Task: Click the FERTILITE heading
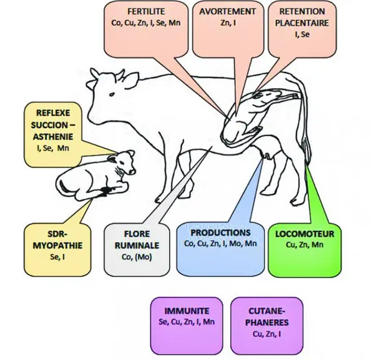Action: (146, 11)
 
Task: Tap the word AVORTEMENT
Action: (228, 11)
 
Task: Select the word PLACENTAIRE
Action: (302, 23)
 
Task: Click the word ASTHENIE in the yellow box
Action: (53, 137)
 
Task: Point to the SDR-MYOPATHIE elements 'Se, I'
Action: (57, 257)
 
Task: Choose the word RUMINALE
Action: (137, 246)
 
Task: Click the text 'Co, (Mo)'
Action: (137, 257)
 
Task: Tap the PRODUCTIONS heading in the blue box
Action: (220, 232)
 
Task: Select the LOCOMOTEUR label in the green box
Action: (305, 234)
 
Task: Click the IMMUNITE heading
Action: (187, 311)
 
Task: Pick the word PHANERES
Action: (267, 322)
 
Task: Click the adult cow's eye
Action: (112, 94)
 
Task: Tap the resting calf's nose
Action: (132, 172)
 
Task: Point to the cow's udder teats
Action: (267, 156)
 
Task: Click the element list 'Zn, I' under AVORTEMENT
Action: (228, 22)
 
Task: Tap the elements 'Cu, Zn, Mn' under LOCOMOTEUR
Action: (305, 245)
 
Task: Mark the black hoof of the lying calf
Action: (104, 191)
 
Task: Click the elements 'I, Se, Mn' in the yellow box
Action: (53, 148)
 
